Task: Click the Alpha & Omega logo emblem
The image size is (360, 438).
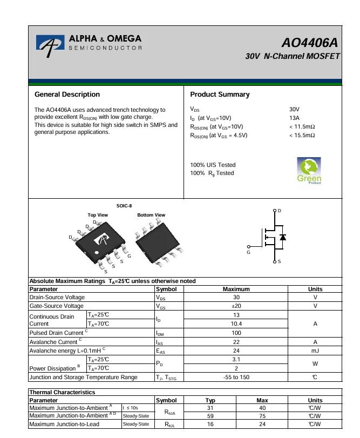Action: [50, 46]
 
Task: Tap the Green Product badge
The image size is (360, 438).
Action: [309, 171]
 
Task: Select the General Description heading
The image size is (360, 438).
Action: [67, 95]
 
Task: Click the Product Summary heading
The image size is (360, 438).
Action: [220, 95]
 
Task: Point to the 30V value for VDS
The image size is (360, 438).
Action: [294, 109]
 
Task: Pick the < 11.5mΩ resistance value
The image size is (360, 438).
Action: [302, 127]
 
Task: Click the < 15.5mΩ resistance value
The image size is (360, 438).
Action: [302, 136]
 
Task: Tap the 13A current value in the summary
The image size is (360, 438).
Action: [294, 118]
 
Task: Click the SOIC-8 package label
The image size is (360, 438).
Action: [124, 206]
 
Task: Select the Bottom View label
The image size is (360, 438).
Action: [151, 215]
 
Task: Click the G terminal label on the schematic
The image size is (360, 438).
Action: [249, 252]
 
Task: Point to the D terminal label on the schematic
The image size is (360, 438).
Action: [279, 210]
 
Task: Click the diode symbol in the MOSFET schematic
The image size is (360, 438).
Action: [283, 237]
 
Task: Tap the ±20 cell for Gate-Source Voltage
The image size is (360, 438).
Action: [236, 306]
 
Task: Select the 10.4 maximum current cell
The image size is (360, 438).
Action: [236, 324]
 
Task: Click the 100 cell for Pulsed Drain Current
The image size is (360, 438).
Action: [236, 333]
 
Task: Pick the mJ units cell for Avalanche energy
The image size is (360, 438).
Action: [315, 351]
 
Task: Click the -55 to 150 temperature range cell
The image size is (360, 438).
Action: [236, 377]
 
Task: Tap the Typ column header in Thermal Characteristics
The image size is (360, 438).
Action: [210, 400]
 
